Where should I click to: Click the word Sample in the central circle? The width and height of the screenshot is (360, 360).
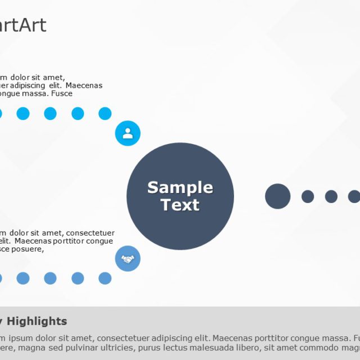(x=180, y=187)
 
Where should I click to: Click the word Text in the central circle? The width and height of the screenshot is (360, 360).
(x=180, y=205)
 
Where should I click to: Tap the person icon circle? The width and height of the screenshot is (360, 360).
(x=128, y=133)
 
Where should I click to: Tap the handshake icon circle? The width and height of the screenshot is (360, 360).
(x=128, y=259)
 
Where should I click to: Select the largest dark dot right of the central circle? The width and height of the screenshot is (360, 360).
(x=277, y=196)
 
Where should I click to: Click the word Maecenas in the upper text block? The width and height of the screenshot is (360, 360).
(x=84, y=85)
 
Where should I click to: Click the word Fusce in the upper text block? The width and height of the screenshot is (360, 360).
(x=62, y=93)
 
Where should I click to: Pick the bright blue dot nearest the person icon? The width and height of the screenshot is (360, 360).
(x=105, y=114)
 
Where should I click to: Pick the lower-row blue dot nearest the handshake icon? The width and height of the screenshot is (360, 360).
(x=105, y=278)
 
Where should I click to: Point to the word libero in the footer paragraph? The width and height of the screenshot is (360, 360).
(x=244, y=348)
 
